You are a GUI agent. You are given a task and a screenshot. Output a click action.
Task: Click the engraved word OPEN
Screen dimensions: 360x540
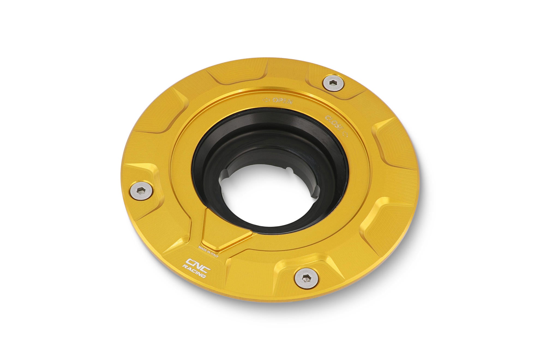coord(282,100)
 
